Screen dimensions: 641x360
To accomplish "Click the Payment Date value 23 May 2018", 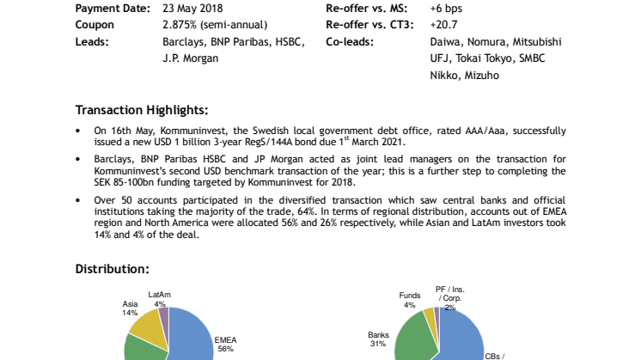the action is point(192,9).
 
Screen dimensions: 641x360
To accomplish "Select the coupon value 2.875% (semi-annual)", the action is point(215,25).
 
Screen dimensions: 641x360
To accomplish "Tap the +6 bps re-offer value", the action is point(446,9).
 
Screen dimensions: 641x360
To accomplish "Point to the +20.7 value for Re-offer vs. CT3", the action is point(443,25).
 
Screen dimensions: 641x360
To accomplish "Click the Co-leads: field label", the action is point(350,42).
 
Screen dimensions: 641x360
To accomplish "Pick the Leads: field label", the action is point(92,42).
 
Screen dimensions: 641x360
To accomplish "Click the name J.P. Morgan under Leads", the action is point(191,58).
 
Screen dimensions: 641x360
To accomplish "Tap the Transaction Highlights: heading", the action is point(142,110).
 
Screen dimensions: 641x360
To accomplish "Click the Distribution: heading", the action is point(113,269).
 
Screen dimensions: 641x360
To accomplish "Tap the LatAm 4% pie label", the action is point(160,299).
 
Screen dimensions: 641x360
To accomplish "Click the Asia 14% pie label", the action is point(130,308).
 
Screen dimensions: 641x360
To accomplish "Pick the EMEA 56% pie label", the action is point(226,345).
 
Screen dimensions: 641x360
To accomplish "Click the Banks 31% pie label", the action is point(379,339).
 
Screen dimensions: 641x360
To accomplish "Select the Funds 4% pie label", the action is point(410,300).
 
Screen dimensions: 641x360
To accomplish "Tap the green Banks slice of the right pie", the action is point(415,339).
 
